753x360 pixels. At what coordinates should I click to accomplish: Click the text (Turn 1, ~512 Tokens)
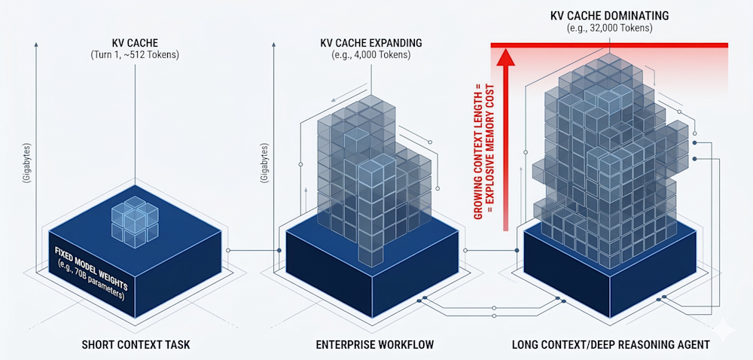(135, 56)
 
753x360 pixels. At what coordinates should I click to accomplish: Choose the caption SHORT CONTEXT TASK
(136, 345)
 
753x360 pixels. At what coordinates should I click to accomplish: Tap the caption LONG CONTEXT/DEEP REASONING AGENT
(611, 345)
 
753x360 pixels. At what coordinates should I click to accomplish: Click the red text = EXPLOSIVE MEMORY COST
(489, 146)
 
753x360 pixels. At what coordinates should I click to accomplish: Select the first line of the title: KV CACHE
(135, 44)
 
